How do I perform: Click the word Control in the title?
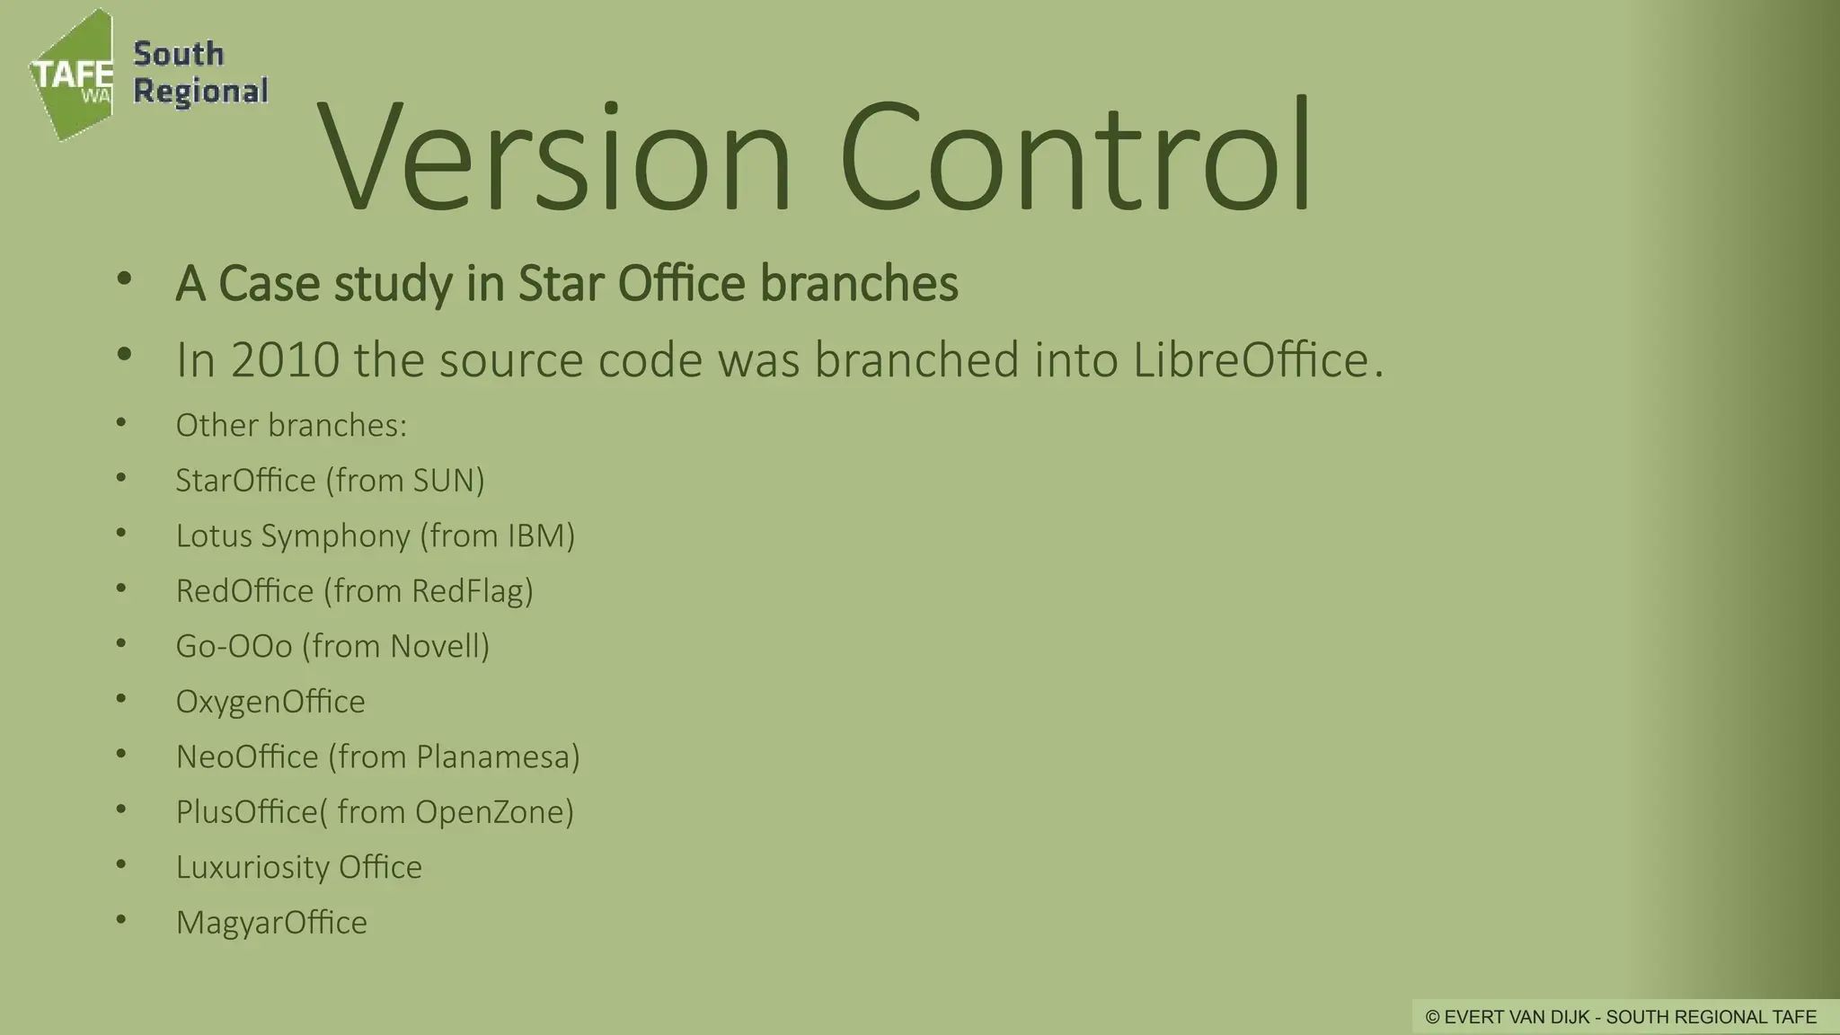pyautogui.click(x=1075, y=157)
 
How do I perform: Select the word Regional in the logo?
pyautogui.click(x=200, y=92)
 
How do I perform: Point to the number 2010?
pyautogui.click(x=285, y=359)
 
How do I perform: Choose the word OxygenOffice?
pyautogui.click(x=270, y=702)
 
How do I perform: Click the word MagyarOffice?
pyautogui.click(x=271, y=923)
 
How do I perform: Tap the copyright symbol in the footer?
pyautogui.click(x=1432, y=1017)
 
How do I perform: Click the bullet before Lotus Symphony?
pyautogui.click(x=121, y=534)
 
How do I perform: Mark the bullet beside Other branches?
pyautogui.click(x=121, y=423)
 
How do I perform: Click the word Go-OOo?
pyautogui.click(x=234, y=646)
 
